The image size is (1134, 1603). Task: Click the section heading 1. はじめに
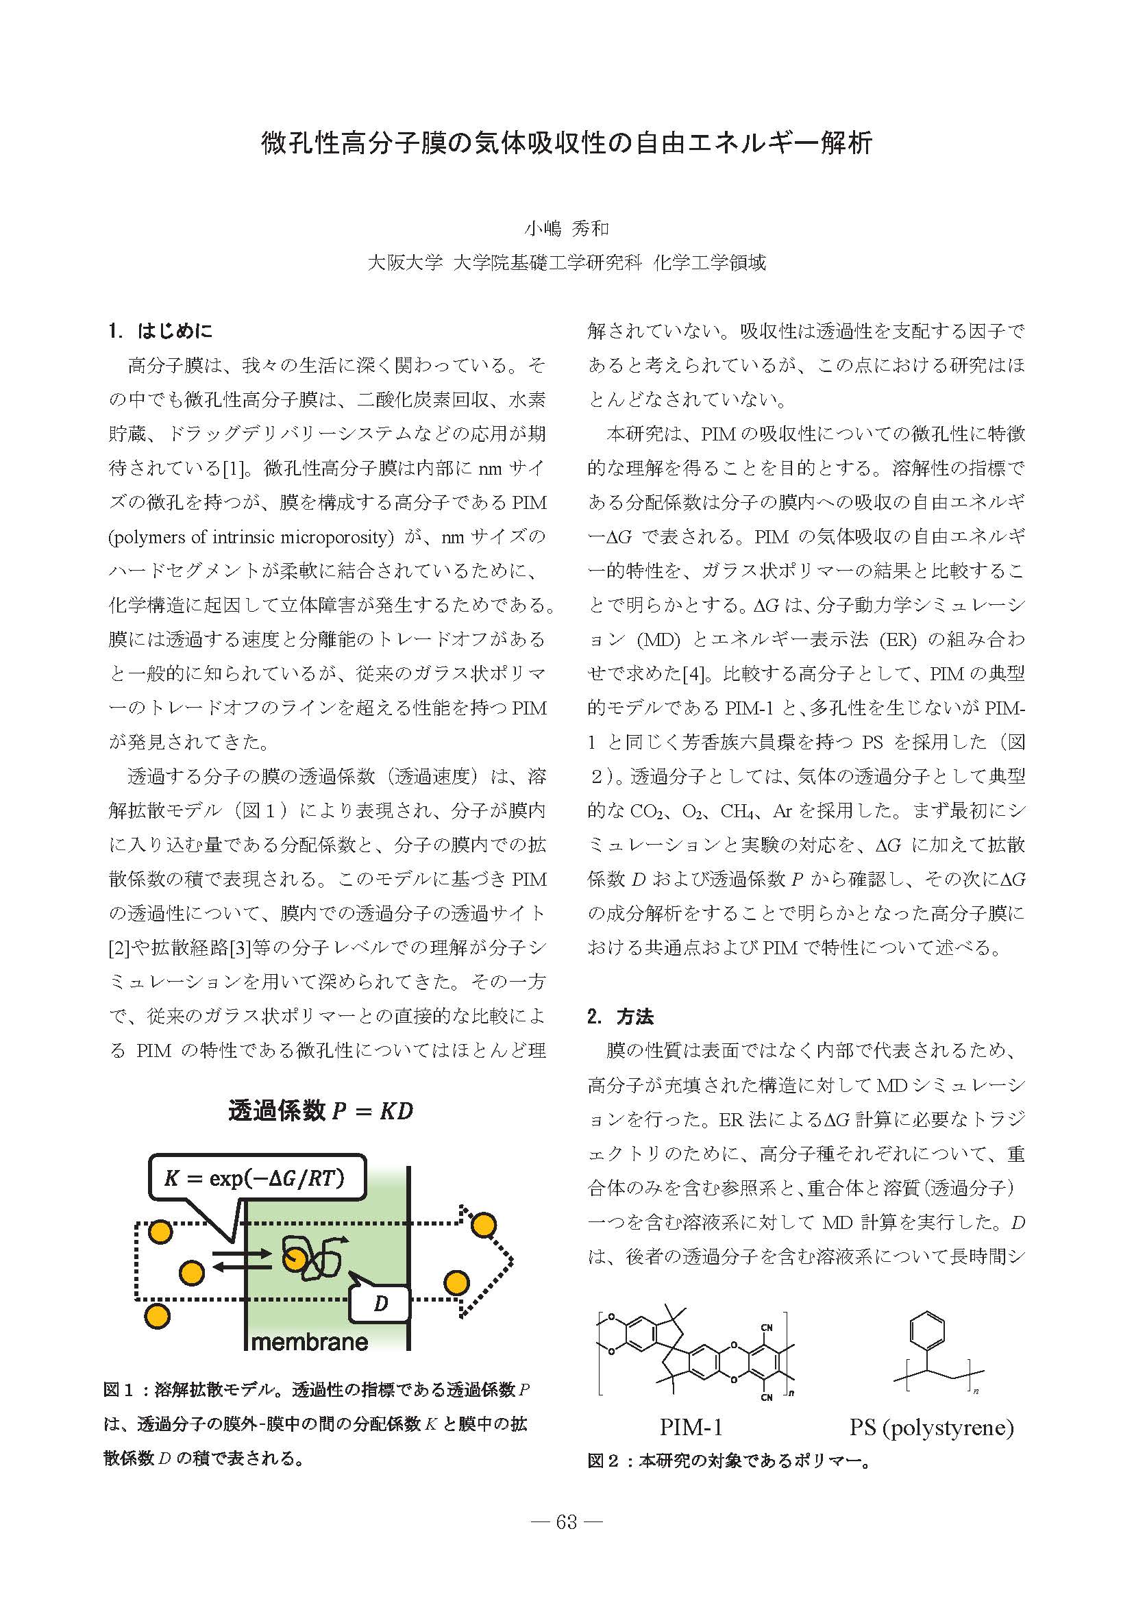[x=160, y=331]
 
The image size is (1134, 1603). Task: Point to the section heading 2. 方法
[x=620, y=1017]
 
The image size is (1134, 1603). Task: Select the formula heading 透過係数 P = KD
[x=321, y=1110]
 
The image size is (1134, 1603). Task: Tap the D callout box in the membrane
[x=380, y=1303]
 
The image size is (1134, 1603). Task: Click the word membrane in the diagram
[x=309, y=1342]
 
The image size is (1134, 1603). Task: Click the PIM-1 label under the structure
[x=691, y=1427]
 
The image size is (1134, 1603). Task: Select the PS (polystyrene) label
[x=930, y=1427]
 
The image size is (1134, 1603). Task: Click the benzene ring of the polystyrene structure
[x=927, y=1331]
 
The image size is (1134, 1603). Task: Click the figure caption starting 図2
[x=730, y=1461]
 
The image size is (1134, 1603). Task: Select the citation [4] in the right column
[x=694, y=673]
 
